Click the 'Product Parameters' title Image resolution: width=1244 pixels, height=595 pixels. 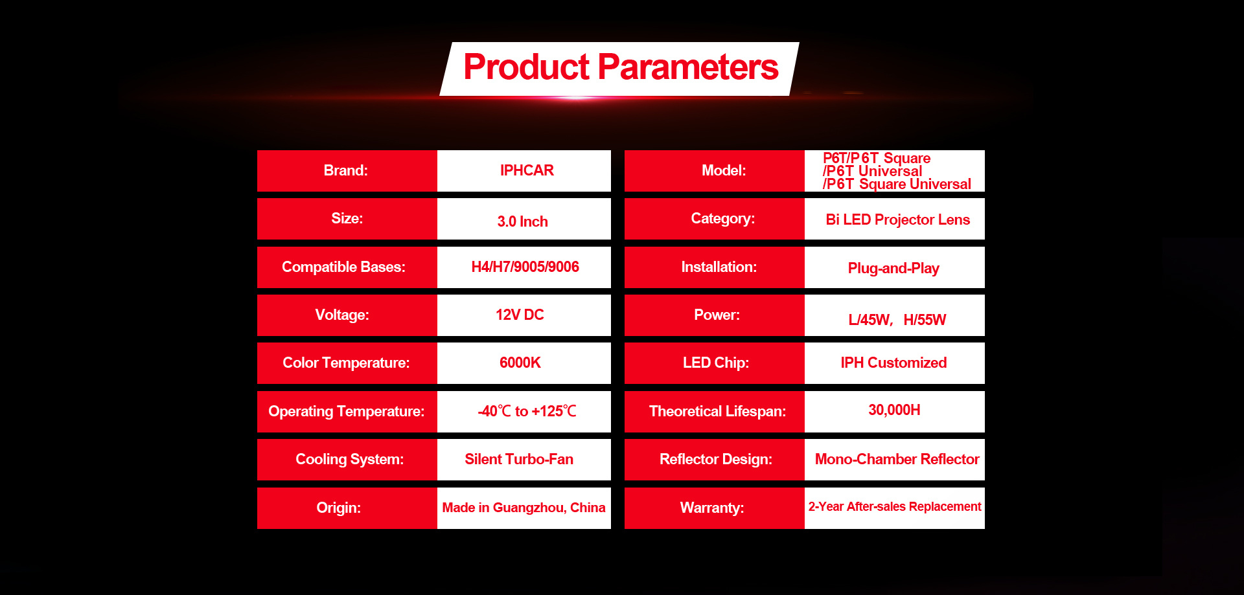click(x=621, y=67)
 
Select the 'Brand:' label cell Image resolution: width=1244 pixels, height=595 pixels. click(x=347, y=171)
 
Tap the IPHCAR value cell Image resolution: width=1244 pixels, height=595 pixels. click(x=524, y=171)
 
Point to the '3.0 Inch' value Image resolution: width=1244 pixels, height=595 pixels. click(x=522, y=221)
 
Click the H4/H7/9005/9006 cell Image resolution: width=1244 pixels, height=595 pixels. click(x=524, y=267)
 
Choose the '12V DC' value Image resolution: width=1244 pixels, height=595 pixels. click(x=520, y=315)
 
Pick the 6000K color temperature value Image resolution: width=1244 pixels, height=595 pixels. click(x=520, y=363)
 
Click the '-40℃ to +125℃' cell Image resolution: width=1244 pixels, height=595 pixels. click(x=524, y=412)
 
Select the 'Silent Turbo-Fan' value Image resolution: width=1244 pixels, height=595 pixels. click(x=519, y=459)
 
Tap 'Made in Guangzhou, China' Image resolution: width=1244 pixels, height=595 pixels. click(x=524, y=508)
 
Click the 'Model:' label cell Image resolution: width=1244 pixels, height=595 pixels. click(x=715, y=171)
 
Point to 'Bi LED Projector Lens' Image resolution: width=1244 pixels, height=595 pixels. click(x=897, y=219)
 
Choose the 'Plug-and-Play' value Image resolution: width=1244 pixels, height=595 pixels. click(x=893, y=268)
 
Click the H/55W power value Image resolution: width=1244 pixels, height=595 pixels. click(x=925, y=320)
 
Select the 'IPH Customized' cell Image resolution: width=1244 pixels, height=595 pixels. click(x=895, y=363)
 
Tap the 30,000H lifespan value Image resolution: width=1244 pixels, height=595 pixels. click(x=894, y=410)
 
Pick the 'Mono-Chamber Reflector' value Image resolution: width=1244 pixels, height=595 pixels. click(x=897, y=459)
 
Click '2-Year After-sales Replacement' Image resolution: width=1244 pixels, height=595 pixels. click(x=895, y=506)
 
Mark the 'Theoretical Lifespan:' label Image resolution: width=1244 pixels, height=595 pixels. click(x=717, y=411)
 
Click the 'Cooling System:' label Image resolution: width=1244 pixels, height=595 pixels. click(x=349, y=459)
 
